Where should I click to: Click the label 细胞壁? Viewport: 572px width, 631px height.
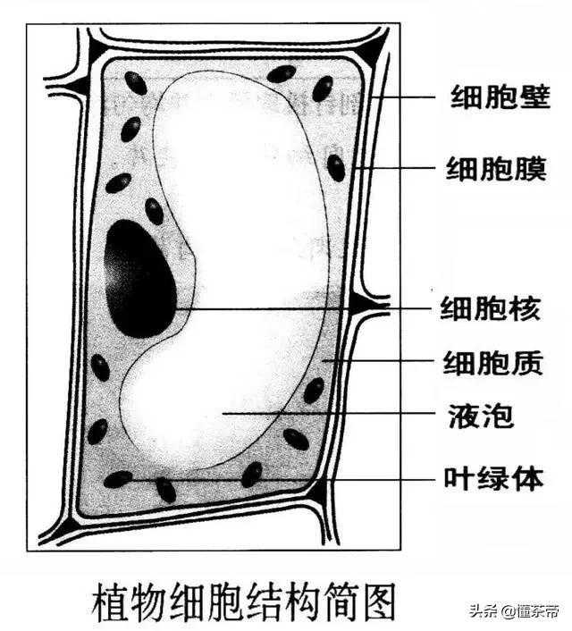click(x=500, y=97)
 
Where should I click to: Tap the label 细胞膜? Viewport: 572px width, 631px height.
click(x=496, y=168)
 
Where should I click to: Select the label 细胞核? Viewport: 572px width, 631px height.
click(x=491, y=308)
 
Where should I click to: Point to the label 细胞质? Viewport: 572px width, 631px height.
click(x=493, y=363)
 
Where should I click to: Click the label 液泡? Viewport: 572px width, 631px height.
click(x=481, y=416)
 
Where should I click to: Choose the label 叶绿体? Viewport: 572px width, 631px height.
click(x=493, y=478)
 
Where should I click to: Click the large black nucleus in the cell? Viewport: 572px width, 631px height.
click(x=139, y=279)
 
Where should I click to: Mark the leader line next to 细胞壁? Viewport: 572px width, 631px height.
click(x=404, y=97)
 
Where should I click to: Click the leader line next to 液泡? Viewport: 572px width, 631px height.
click(x=329, y=413)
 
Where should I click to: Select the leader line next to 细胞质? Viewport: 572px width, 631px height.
click(x=379, y=361)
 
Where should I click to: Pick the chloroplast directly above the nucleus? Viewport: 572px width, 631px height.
click(x=154, y=211)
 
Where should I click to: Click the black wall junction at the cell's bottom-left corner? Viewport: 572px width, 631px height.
click(x=66, y=526)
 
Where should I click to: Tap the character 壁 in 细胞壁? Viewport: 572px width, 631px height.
click(x=534, y=97)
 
